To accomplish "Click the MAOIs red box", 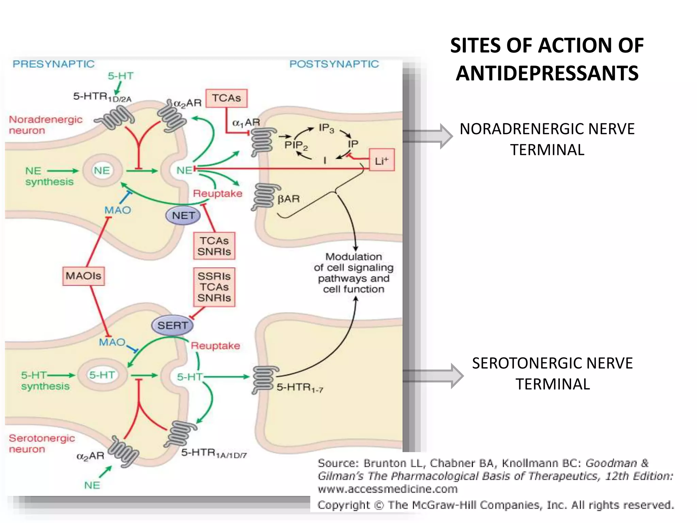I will [x=83, y=276].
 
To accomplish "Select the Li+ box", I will [x=382, y=160].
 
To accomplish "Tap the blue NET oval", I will [x=183, y=216].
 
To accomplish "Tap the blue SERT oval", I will [x=172, y=326].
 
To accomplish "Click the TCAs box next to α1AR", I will [x=226, y=98].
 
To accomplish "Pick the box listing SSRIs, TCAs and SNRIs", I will [x=214, y=287].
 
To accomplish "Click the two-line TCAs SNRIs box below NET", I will [x=214, y=246].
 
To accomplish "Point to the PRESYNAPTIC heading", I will [x=53, y=64].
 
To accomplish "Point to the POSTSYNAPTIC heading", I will [x=334, y=64].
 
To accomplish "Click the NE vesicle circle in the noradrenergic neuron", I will [x=102, y=170].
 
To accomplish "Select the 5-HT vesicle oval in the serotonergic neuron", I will [x=102, y=375].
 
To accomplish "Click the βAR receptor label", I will [x=289, y=199].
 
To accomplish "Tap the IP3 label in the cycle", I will [x=326, y=128].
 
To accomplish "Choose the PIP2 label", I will [x=296, y=145].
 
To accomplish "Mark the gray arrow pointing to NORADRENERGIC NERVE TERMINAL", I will [x=429, y=136].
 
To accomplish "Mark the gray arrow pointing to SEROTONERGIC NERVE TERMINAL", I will [x=434, y=376].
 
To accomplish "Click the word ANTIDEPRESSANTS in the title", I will [x=547, y=74].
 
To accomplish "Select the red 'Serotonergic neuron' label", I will [x=42, y=443].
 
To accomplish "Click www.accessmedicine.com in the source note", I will [x=387, y=489].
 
